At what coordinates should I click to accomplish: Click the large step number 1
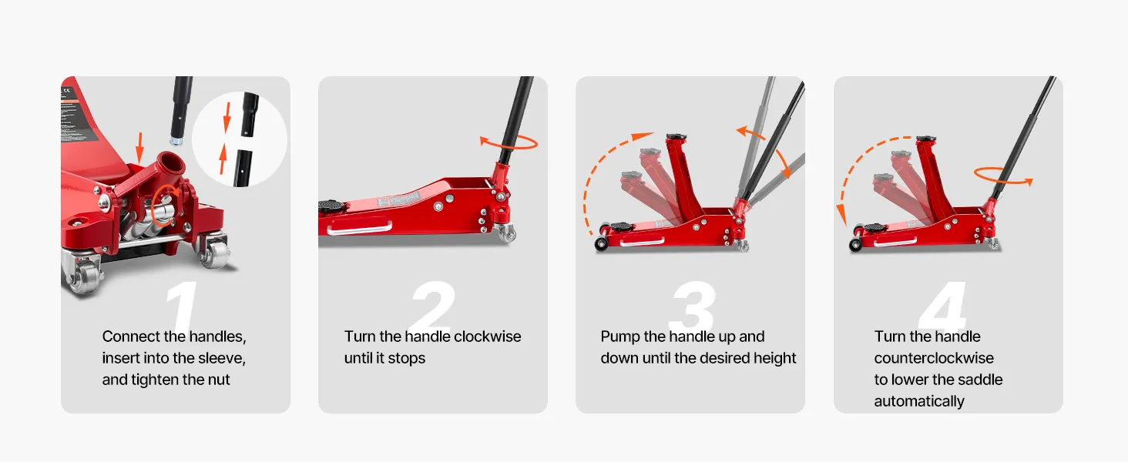[181, 305]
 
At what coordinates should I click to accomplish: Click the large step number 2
[433, 305]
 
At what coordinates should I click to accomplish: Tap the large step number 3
[692, 305]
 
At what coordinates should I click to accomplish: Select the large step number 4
[943, 305]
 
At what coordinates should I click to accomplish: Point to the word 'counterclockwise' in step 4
[934, 358]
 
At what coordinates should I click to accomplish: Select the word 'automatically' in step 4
[919, 401]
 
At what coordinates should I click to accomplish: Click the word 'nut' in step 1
[219, 380]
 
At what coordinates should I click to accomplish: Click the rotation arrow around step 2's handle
[509, 142]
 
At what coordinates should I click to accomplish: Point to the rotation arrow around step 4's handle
[1003, 176]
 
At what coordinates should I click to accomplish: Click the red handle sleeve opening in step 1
[171, 164]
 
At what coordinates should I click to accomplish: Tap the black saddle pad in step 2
[331, 206]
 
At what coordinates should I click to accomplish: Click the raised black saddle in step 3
[676, 137]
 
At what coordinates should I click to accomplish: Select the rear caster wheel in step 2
[506, 233]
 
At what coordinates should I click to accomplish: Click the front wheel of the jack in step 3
[600, 245]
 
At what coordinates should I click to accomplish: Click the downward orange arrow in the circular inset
[227, 117]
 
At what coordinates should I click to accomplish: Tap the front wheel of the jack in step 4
[855, 246]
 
